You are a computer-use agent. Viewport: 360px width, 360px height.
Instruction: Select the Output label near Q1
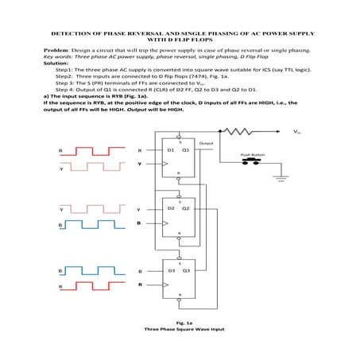(208, 143)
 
